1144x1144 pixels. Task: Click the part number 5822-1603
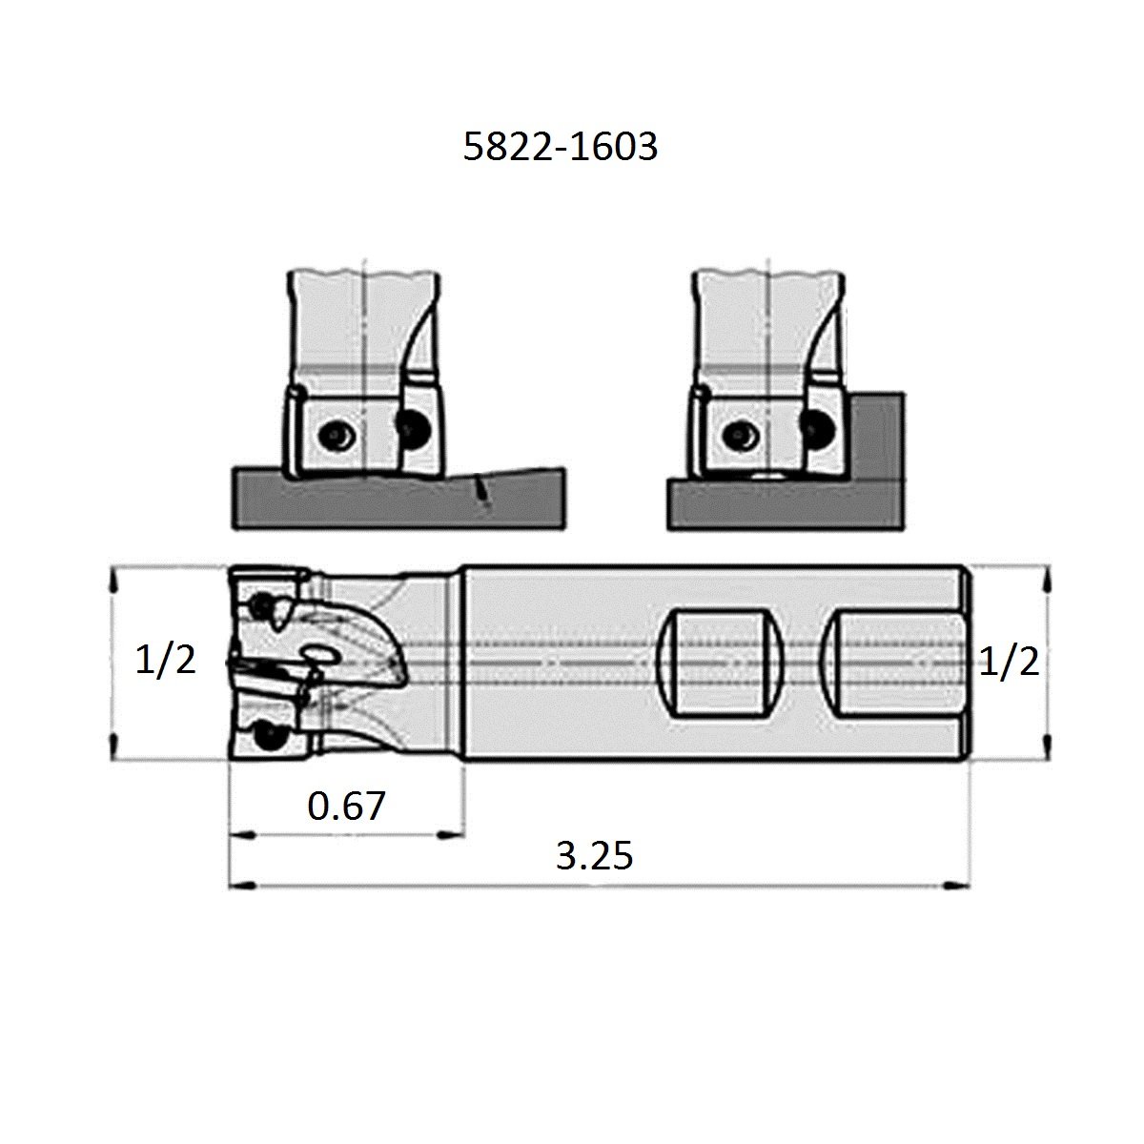561,147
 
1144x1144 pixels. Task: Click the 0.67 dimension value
346,807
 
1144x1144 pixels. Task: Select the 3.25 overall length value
594,856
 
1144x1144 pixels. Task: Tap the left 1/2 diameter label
166,660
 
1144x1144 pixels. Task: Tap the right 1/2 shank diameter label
1010,660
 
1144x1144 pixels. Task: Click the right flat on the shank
896,664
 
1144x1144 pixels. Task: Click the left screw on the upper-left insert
336,436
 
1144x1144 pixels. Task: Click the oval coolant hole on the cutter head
317,655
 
